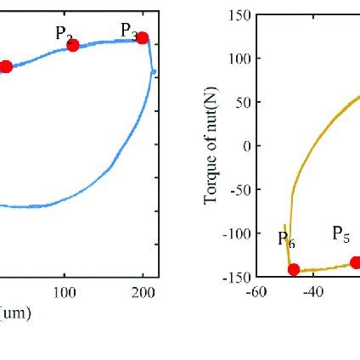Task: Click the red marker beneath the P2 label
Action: pyautogui.click(x=73, y=45)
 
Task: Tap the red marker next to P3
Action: pyautogui.click(x=143, y=38)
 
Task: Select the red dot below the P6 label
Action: pyautogui.click(x=294, y=269)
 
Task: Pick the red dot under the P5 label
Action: pyautogui.click(x=356, y=262)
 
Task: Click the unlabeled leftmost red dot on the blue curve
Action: pyautogui.click(x=6, y=66)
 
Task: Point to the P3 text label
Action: pyautogui.click(x=129, y=31)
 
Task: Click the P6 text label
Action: pyautogui.click(x=286, y=241)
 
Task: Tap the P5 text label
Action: pyautogui.click(x=340, y=233)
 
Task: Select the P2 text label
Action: pyautogui.click(x=65, y=33)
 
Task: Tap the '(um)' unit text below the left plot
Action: pyautogui.click(x=15, y=313)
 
